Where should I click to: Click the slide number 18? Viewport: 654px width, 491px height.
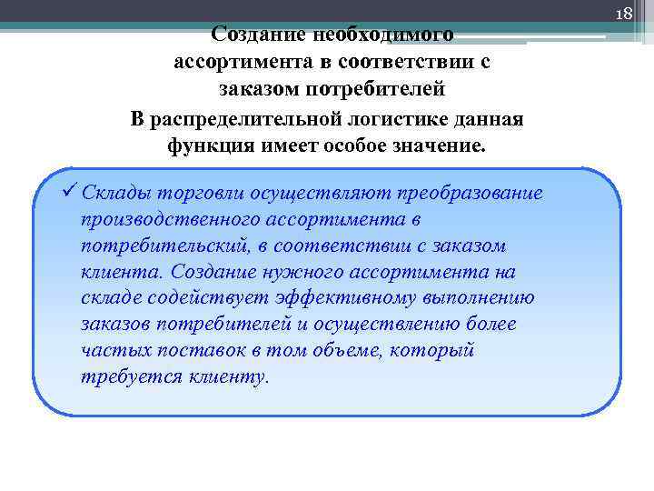coord(623,14)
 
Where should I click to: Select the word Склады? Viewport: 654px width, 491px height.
coord(115,194)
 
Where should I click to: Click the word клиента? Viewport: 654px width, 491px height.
coord(113,273)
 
